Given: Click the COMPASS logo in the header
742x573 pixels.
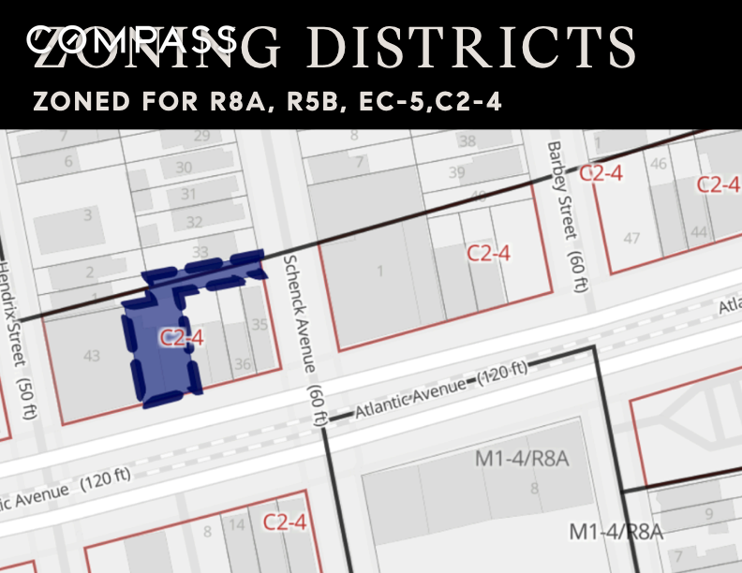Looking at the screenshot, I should click(x=131, y=39).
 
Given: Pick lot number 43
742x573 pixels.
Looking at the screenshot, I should click(x=92, y=355).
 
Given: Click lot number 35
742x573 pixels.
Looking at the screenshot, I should click(x=260, y=326).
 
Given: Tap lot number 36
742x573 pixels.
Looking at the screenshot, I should click(x=243, y=364).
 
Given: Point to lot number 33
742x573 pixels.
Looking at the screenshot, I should click(x=200, y=253).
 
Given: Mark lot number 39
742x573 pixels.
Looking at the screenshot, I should click(x=456, y=172).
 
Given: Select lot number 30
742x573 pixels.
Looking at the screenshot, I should click(x=185, y=168).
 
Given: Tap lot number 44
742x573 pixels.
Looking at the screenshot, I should click(x=698, y=231).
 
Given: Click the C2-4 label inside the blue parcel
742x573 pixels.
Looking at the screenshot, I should click(x=182, y=338).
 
